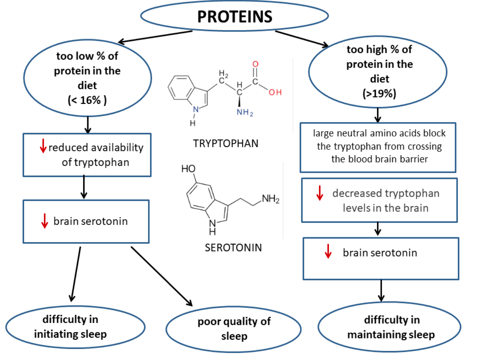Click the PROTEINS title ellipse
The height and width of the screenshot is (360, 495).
(234, 17)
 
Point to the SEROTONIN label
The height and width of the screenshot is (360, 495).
(234, 247)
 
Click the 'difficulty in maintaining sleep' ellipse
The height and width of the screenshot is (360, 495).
(391, 327)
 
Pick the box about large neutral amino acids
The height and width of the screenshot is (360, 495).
(378, 147)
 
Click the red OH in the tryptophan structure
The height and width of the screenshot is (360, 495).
(276, 92)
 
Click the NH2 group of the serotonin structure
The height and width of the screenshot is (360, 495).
(271, 198)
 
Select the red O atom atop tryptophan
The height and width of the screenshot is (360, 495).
(255, 64)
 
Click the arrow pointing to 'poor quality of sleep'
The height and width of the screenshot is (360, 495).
(161, 275)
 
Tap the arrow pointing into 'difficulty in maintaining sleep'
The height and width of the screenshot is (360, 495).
(381, 290)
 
